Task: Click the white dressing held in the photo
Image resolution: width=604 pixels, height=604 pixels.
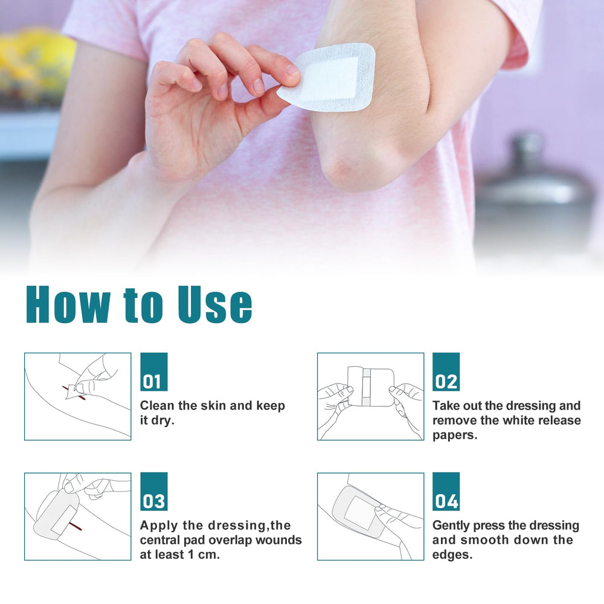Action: click(327, 78)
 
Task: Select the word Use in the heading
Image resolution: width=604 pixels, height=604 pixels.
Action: click(215, 304)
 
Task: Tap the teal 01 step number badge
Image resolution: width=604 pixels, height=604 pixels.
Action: click(153, 371)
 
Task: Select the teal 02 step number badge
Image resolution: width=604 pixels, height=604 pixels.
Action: click(446, 371)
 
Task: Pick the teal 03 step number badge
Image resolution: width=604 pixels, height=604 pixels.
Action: click(153, 492)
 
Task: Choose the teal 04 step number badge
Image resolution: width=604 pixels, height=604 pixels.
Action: click(446, 492)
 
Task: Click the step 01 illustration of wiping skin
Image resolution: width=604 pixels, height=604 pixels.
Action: click(78, 396)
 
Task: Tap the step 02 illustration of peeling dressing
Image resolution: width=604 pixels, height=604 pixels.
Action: click(371, 396)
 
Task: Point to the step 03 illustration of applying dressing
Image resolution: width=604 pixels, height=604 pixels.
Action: click(78, 516)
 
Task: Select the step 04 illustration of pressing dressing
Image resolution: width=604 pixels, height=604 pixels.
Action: click(371, 516)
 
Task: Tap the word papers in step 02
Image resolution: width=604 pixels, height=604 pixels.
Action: click(455, 435)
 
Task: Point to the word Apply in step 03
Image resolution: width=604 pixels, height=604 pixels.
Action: click(159, 526)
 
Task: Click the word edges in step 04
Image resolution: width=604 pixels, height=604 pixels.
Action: click(452, 555)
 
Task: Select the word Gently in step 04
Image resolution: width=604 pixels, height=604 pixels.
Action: click(451, 526)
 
